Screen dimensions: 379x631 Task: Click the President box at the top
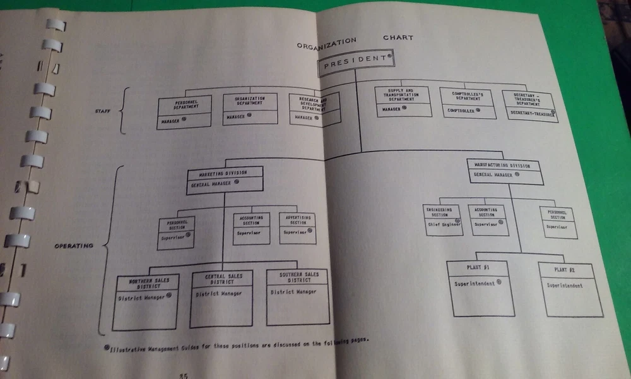355,63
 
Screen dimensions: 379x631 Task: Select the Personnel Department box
184,112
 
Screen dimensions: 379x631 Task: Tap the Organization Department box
250,109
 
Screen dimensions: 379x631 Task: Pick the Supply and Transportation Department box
403,101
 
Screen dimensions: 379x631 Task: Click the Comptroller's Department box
468,103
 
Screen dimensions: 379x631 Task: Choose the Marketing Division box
225,180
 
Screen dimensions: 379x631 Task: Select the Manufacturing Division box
505,171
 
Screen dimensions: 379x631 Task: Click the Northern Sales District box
146,302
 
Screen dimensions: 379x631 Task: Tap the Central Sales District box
221,299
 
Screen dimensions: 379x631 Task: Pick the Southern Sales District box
297,297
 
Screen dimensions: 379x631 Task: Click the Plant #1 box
481,288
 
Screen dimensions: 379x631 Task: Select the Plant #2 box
570,290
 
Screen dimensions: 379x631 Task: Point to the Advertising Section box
297,228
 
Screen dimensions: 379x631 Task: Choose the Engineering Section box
443,219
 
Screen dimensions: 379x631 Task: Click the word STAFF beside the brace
103,111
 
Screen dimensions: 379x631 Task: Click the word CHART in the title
398,38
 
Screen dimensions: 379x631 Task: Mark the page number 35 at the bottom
183,373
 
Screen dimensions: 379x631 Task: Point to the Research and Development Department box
315,109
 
